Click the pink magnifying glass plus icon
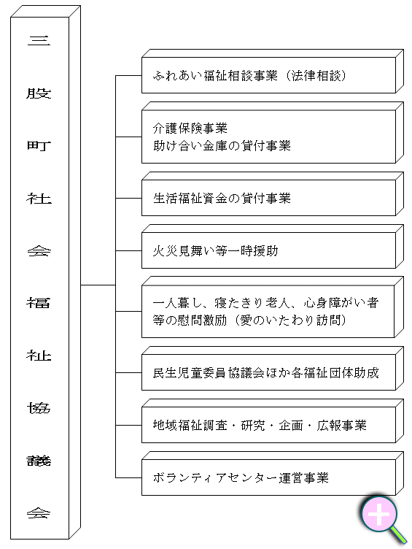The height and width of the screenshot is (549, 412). tap(379, 515)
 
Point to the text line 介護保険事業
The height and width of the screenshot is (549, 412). tap(190, 128)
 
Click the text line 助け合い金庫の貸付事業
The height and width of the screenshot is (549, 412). tap(222, 146)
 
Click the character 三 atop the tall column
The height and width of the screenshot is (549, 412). tap(39, 41)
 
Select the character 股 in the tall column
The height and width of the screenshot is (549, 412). tap(39, 93)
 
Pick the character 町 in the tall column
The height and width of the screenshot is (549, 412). tap(39, 146)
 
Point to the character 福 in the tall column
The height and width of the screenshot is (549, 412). tap(39, 303)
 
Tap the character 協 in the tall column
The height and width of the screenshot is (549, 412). tap(39, 408)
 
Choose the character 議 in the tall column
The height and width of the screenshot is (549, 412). tap(39, 461)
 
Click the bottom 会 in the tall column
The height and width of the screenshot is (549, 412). tap(39, 513)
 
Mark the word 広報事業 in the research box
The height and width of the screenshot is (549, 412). tap(341, 426)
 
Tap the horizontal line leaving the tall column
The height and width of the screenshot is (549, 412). tap(98, 285)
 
